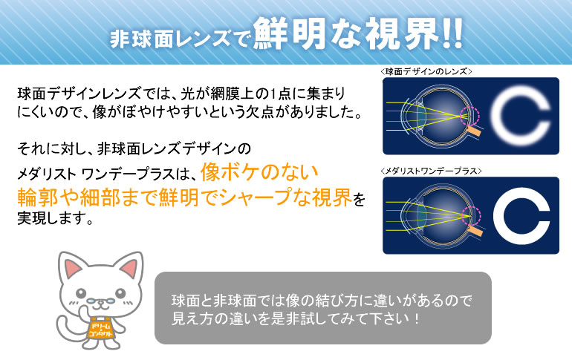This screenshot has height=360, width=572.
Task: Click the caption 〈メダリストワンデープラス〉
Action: tap(430, 171)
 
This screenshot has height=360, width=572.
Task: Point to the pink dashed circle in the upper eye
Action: tap(470, 117)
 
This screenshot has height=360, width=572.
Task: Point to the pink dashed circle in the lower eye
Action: tap(470, 215)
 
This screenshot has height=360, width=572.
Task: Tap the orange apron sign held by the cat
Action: tap(100, 332)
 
